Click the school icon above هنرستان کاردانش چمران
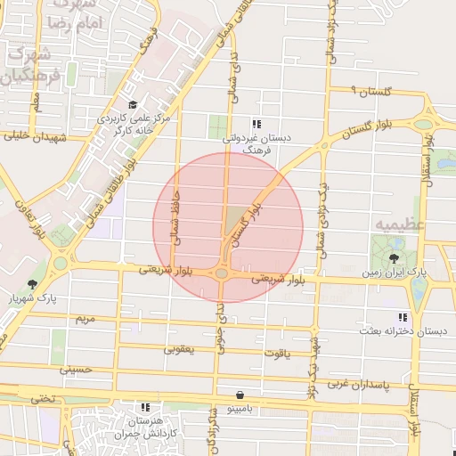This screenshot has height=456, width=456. tap(145, 406)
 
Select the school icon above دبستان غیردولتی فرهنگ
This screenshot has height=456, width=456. tap(256, 125)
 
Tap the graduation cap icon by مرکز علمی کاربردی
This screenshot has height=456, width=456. tap(132, 104)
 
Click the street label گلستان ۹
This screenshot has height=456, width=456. tap(370, 91)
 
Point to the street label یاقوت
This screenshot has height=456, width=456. tap(276, 353)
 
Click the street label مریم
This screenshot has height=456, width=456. tap(85, 318)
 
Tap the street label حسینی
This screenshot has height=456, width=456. tap(76, 367)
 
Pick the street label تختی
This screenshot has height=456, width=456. tap(40, 398)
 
